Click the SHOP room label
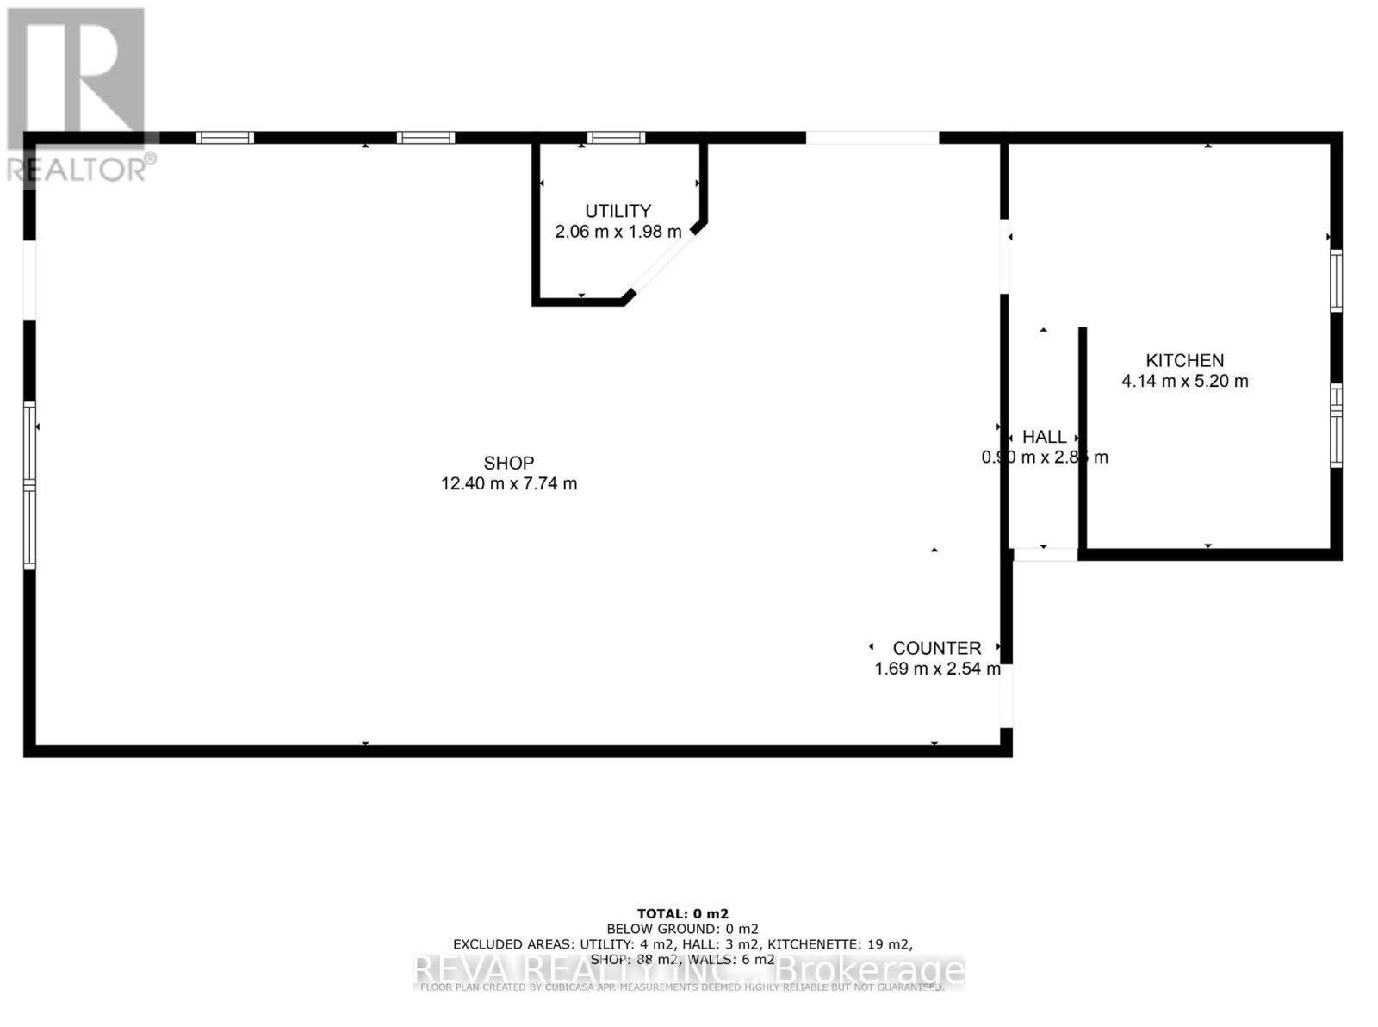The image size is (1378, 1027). pyautogui.click(x=508, y=463)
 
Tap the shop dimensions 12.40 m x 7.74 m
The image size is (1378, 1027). pyautogui.click(x=508, y=484)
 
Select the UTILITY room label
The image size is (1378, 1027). pyautogui.click(x=618, y=211)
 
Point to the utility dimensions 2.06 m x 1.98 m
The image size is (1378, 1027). pyautogui.click(x=618, y=232)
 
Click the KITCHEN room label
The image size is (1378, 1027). pyautogui.click(x=1184, y=360)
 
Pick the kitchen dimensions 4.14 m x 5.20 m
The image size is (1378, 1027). pyautogui.click(x=1184, y=381)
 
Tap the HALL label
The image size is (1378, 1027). pyautogui.click(x=1044, y=437)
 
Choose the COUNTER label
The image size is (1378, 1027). pyautogui.click(x=936, y=648)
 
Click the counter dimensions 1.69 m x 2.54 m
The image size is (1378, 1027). pyautogui.click(x=937, y=669)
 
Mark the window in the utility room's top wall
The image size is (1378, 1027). pyautogui.click(x=616, y=138)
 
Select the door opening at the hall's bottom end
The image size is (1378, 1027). pyautogui.click(x=1044, y=555)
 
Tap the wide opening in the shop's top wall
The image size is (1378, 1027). pyautogui.click(x=872, y=138)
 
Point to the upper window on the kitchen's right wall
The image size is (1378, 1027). pyautogui.click(x=1336, y=280)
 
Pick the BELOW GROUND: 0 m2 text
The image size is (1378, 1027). pyautogui.click(x=682, y=929)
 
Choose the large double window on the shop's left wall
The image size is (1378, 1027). pyautogui.click(x=30, y=485)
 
